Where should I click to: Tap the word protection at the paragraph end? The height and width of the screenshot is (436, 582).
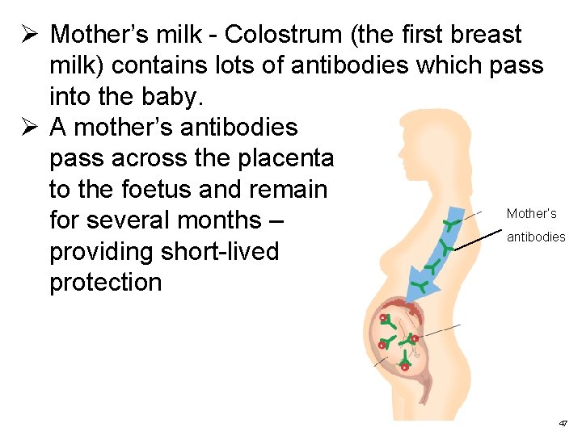105,283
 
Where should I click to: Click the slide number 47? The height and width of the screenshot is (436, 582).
563,422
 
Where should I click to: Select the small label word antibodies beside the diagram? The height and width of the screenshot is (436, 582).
536,237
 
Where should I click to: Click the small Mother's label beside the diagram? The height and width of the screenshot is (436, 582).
531,214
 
